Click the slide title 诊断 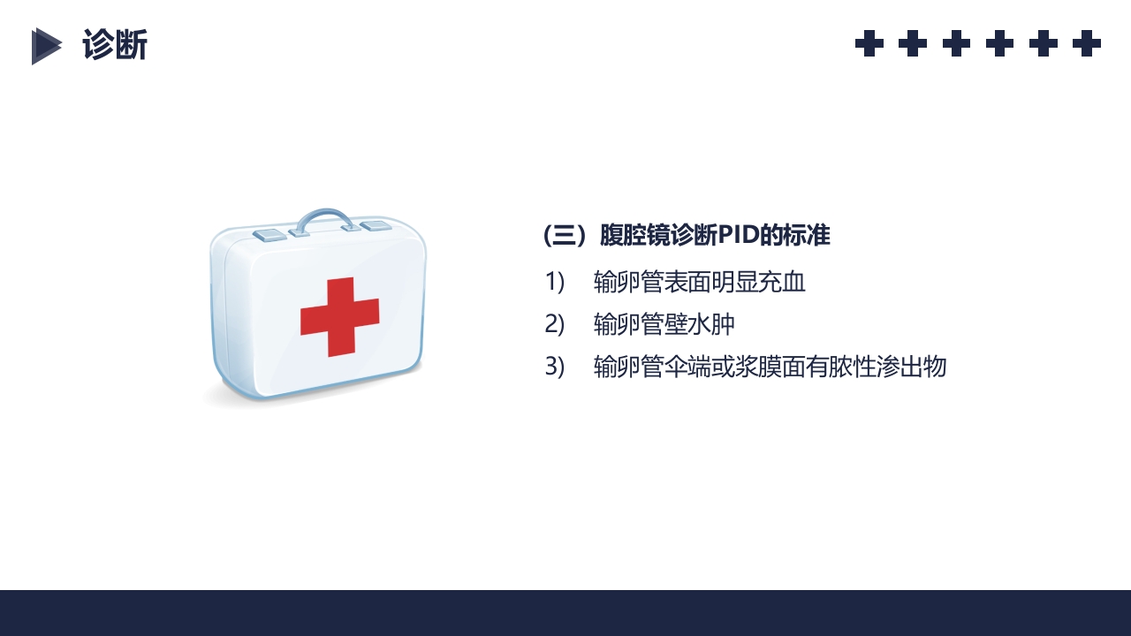[x=115, y=45]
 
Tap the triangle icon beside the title [x=46, y=46]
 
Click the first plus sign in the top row [x=869, y=43]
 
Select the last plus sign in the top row [x=1087, y=43]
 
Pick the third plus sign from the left [x=956, y=43]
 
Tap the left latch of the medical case [x=269, y=235]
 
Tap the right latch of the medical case [x=376, y=226]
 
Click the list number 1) [x=554, y=282]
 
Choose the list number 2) [x=554, y=324]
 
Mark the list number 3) [x=554, y=367]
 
